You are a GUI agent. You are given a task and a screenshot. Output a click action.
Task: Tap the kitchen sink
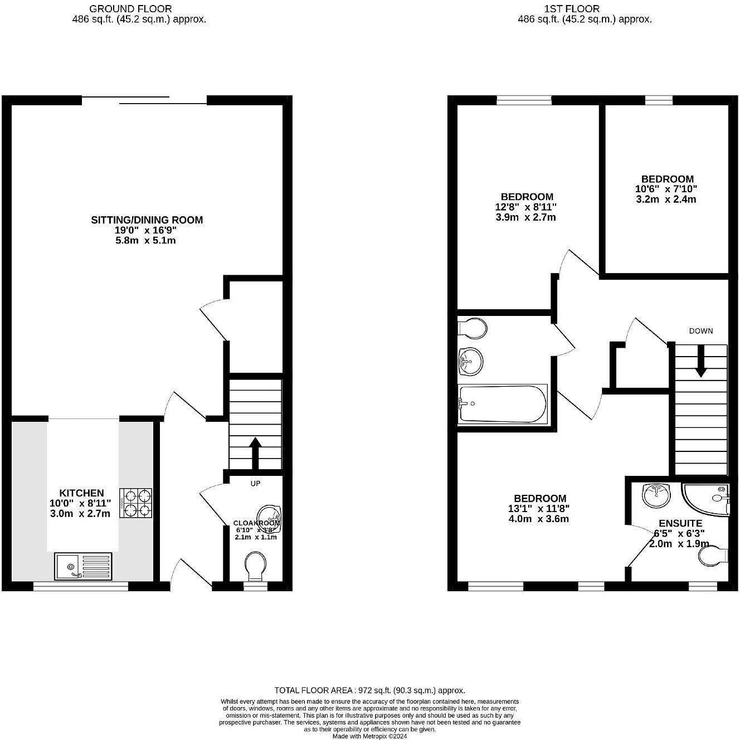(83, 566)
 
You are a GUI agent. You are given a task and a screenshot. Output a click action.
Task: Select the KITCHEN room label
(81, 493)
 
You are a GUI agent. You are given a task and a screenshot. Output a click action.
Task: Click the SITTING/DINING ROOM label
(147, 220)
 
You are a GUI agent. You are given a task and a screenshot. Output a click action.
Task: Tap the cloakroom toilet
(256, 565)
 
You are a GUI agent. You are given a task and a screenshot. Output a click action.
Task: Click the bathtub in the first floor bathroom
(502, 403)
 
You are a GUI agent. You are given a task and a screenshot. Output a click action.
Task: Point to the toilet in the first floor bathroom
(471, 328)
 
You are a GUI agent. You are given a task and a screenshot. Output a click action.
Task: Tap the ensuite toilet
(714, 555)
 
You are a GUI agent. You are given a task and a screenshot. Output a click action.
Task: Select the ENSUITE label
(680, 523)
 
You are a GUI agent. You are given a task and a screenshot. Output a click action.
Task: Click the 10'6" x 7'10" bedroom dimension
(667, 189)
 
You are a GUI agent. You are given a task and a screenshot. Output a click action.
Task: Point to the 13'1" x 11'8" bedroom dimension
(539, 508)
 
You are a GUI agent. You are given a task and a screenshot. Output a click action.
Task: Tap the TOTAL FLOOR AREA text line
(369, 690)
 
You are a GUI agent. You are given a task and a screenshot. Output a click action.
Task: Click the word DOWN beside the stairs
(700, 330)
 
